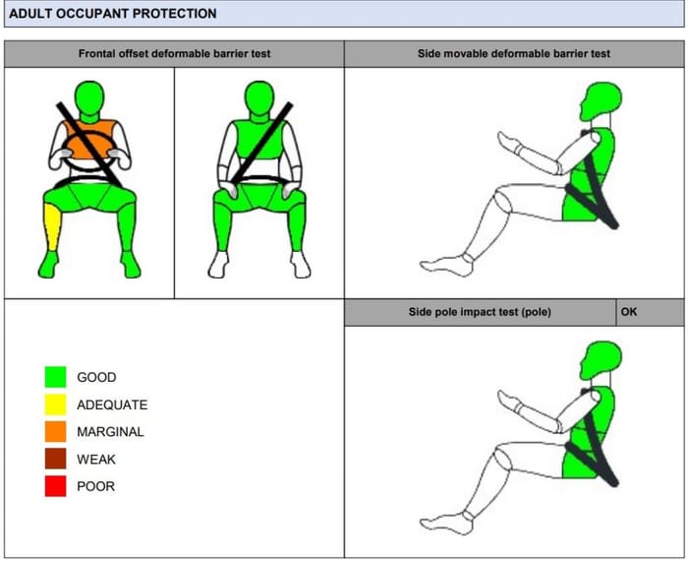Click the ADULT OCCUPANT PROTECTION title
pyautogui.click(x=113, y=14)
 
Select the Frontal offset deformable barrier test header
pyautogui.click(x=174, y=53)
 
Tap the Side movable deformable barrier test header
pyautogui.click(x=514, y=53)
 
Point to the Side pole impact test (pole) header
pyautogui.click(x=480, y=312)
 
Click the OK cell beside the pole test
pyautogui.click(x=629, y=312)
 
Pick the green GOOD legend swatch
pyautogui.click(x=56, y=377)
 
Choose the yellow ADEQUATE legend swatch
pyautogui.click(x=56, y=405)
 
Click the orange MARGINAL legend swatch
pyautogui.click(x=56, y=431)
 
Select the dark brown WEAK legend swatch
pyautogui.click(x=56, y=459)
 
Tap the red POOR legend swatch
pyautogui.click(x=56, y=486)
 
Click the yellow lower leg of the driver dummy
pyautogui.click(x=53, y=227)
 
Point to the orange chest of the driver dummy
pyautogui.click(x=89, y=140)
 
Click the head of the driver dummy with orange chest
pyautogui.click(x=89, y=98)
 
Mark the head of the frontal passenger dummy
pyautogui.click(x=259, y=98)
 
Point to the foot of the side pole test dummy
pyautogui.click(x=446, y=525)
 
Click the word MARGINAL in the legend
pyautogui.click(x=110, y=432)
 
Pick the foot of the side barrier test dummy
pyautogui.click(x=446, y=266)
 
